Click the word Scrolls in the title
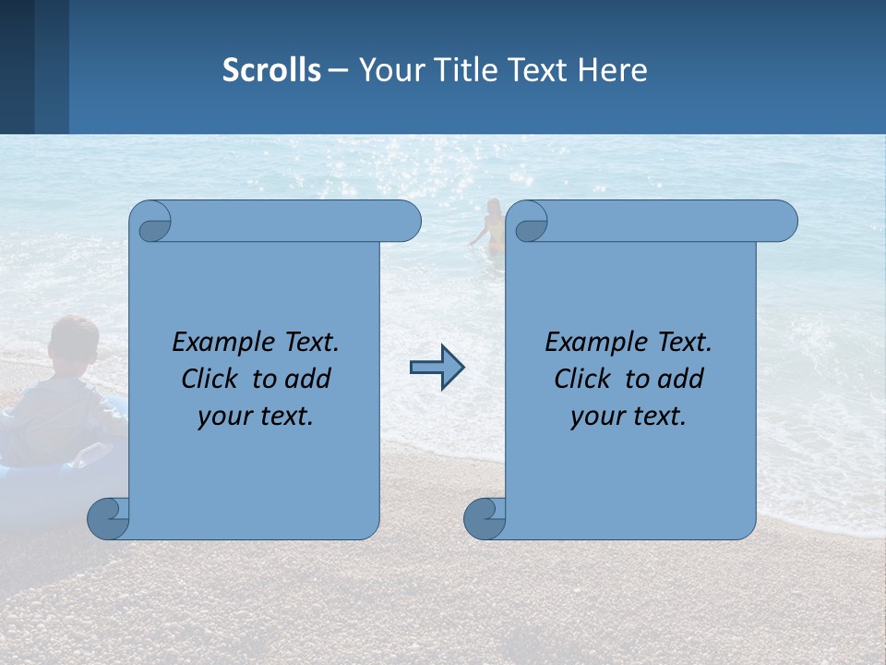(x=271, y=70)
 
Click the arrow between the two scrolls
(x=437, y=368)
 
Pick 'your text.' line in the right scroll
(x=629, y=417)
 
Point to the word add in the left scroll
(x=309, y=380)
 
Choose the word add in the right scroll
(x=682, y=380)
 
